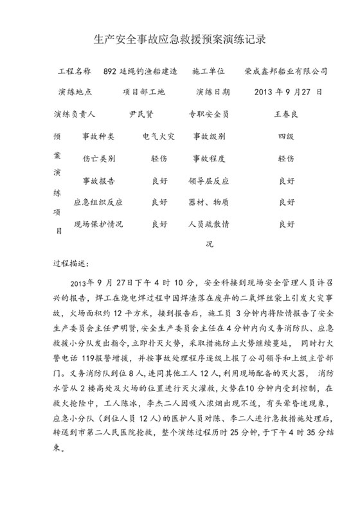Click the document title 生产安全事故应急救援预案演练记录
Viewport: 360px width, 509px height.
(179, 39)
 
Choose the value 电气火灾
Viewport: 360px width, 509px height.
(158, 137)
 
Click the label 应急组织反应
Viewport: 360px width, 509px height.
(98, 202)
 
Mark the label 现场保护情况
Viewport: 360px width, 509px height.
(98, 225)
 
